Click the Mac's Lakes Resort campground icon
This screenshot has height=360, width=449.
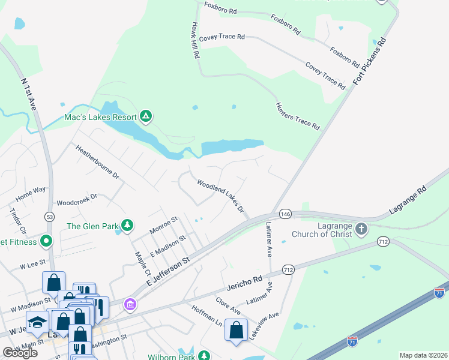145,115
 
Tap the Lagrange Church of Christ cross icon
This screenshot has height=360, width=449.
361,229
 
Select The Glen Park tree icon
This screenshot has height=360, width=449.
127,226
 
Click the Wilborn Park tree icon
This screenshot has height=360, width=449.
204,356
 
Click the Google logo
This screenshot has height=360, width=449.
20,353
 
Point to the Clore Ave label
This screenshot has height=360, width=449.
228,307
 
